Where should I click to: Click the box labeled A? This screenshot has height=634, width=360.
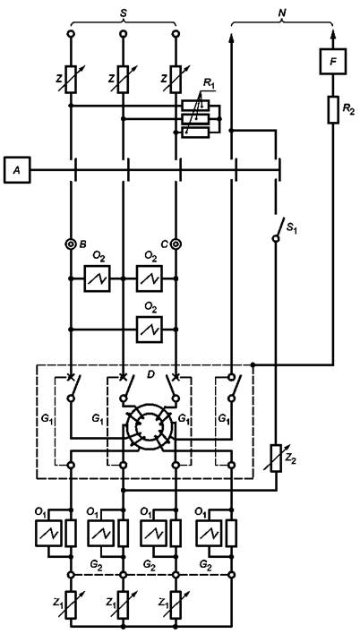coord(17,170)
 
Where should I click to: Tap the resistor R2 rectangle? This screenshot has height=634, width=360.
coord(333,109)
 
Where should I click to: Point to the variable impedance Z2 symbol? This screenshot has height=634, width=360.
coord(277,458)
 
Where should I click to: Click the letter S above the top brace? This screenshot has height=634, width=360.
coord(124,13)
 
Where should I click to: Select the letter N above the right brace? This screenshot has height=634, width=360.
coord(282,13)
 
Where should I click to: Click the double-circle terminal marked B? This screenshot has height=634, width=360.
coord(71,244)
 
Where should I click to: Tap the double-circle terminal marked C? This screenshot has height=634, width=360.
coord(176,244)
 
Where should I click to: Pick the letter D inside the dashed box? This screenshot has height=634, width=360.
coord(150,375)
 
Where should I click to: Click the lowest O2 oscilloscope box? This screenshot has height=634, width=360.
coord(150,330)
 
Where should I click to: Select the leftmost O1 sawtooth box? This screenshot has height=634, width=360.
coord(48,534)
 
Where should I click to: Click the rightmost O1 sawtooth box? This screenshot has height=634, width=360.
coord(209,534)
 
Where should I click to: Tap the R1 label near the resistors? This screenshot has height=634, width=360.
coord(209,84)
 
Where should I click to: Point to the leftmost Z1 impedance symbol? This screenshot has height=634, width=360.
coord(71,604)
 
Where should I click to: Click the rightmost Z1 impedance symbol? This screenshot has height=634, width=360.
coord(176,604)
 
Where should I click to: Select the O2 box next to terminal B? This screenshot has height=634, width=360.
coord(97,278)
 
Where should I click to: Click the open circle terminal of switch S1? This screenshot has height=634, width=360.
coord(276,238)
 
